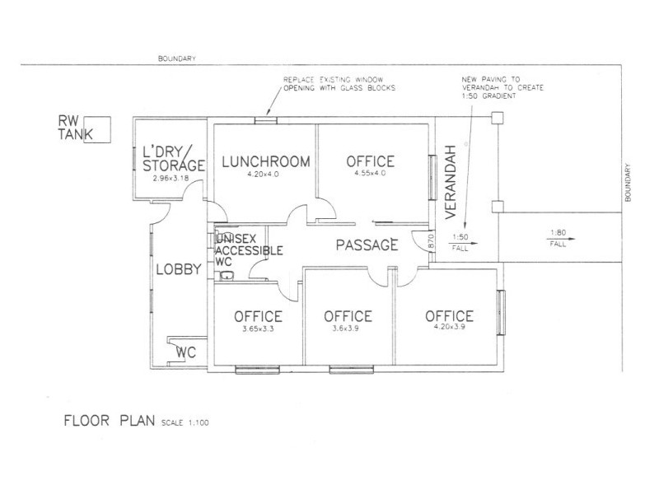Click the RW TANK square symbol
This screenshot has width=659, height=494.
[x=97, y=130]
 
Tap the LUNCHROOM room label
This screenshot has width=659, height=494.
[x=266, y=161]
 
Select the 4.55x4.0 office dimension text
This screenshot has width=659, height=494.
[x=370, y=173]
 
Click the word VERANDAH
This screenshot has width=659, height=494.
[x=450, y=182]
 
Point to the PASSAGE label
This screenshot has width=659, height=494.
[x=367, y=245]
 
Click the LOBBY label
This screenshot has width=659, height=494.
[x=179, y=269]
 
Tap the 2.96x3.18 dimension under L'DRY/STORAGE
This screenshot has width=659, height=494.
[x=171, y=178]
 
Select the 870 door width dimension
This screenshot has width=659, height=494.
[x=430, y=242]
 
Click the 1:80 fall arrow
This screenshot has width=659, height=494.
[x=561, y=239]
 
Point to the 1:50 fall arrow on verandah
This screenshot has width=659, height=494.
[x=463, y=243]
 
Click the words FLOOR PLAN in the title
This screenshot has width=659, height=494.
[x=110, y=421]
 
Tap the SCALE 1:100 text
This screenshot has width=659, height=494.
[x=185, y=422]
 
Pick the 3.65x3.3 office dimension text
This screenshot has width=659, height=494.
[x=258, y=329]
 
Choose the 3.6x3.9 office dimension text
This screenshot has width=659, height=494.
[x=345, y=329]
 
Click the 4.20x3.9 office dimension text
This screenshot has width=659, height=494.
[x=449, y=326]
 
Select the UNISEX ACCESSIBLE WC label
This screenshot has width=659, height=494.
[x=249, y=250]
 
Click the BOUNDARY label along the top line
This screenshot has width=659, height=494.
[x=177, y=58]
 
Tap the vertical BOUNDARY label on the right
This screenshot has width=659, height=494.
[x=628, y=183]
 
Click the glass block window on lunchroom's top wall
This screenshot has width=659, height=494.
[x=266, y=120]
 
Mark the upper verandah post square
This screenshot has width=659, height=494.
[x=498, y=118]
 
